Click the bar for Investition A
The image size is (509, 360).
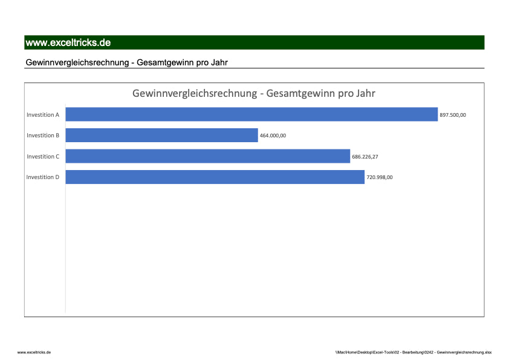(251, 114)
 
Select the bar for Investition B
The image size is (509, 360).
(161, 136)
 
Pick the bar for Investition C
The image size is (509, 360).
(207, 156)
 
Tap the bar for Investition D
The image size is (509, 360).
(215, 177)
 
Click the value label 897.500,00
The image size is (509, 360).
(453, 115)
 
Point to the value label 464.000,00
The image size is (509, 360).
(273, 136)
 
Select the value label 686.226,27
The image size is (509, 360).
(365, 157)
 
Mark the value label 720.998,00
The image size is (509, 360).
(380, 177)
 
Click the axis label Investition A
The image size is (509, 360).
(43, 114)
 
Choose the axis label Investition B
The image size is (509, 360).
(43, 136)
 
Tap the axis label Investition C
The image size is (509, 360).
(43, 157)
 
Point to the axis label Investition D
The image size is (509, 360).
(43, 177)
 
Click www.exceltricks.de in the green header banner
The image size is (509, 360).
(68, 43)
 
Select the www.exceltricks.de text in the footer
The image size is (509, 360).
(34, 352)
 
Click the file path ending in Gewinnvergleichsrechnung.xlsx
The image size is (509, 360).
(413, 352)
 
